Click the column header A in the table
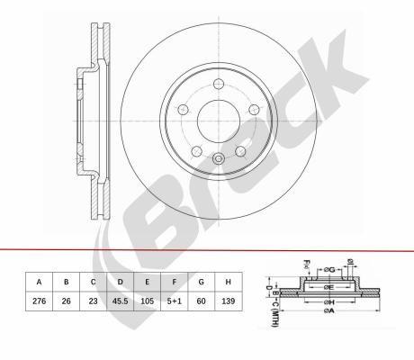click(38, 281)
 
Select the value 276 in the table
click(38, 302)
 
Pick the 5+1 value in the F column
click(174, 302)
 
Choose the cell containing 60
click(201, 302)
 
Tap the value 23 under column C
click(92, 302)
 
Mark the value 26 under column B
click(65, 302)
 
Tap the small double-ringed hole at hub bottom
click(219, 160)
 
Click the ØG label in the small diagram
click(331, 269)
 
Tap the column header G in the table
click(201, 281)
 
